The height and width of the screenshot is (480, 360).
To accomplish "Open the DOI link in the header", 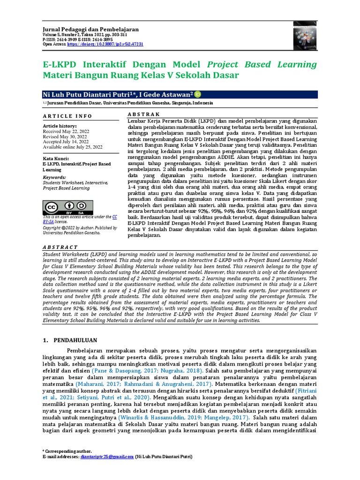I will click(x=105, y=44).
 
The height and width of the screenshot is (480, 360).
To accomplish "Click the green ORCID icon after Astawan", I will click(x=197, y=94).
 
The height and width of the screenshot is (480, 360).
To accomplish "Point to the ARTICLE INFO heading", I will click(x=67, y=116).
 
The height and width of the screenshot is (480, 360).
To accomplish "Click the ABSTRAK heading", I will click(x=143, y=114).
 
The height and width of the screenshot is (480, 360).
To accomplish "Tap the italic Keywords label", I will click(x=55, y=178).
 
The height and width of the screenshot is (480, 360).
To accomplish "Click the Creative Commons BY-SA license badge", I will click(x=67, y=207).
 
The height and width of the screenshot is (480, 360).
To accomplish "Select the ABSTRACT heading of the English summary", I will click(x=60, y=247).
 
